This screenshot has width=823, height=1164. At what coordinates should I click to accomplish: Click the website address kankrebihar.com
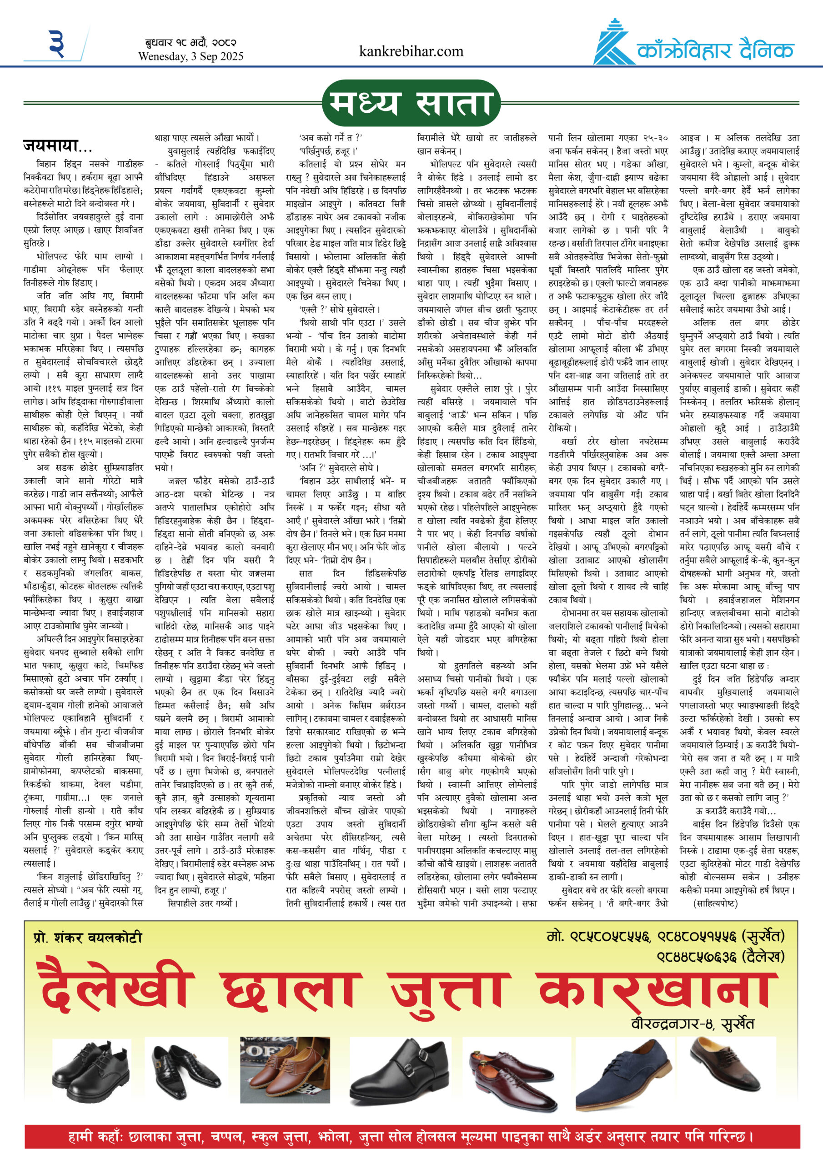[411, 51]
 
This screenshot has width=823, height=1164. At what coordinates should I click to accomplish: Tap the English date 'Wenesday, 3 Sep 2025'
[191, 56]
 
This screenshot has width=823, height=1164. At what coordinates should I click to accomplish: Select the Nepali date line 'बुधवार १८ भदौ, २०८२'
[187, 43]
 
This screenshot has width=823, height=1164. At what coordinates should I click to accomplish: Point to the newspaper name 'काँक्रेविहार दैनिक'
[715, 50]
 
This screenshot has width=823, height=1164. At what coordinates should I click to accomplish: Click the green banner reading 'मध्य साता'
[411, 103]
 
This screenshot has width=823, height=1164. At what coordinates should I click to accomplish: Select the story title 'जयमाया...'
[57, 146]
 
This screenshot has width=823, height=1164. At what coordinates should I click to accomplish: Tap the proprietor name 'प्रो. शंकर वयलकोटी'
[88, 938]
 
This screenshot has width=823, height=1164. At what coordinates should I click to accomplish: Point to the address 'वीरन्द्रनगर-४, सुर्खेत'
[693, 1024]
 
